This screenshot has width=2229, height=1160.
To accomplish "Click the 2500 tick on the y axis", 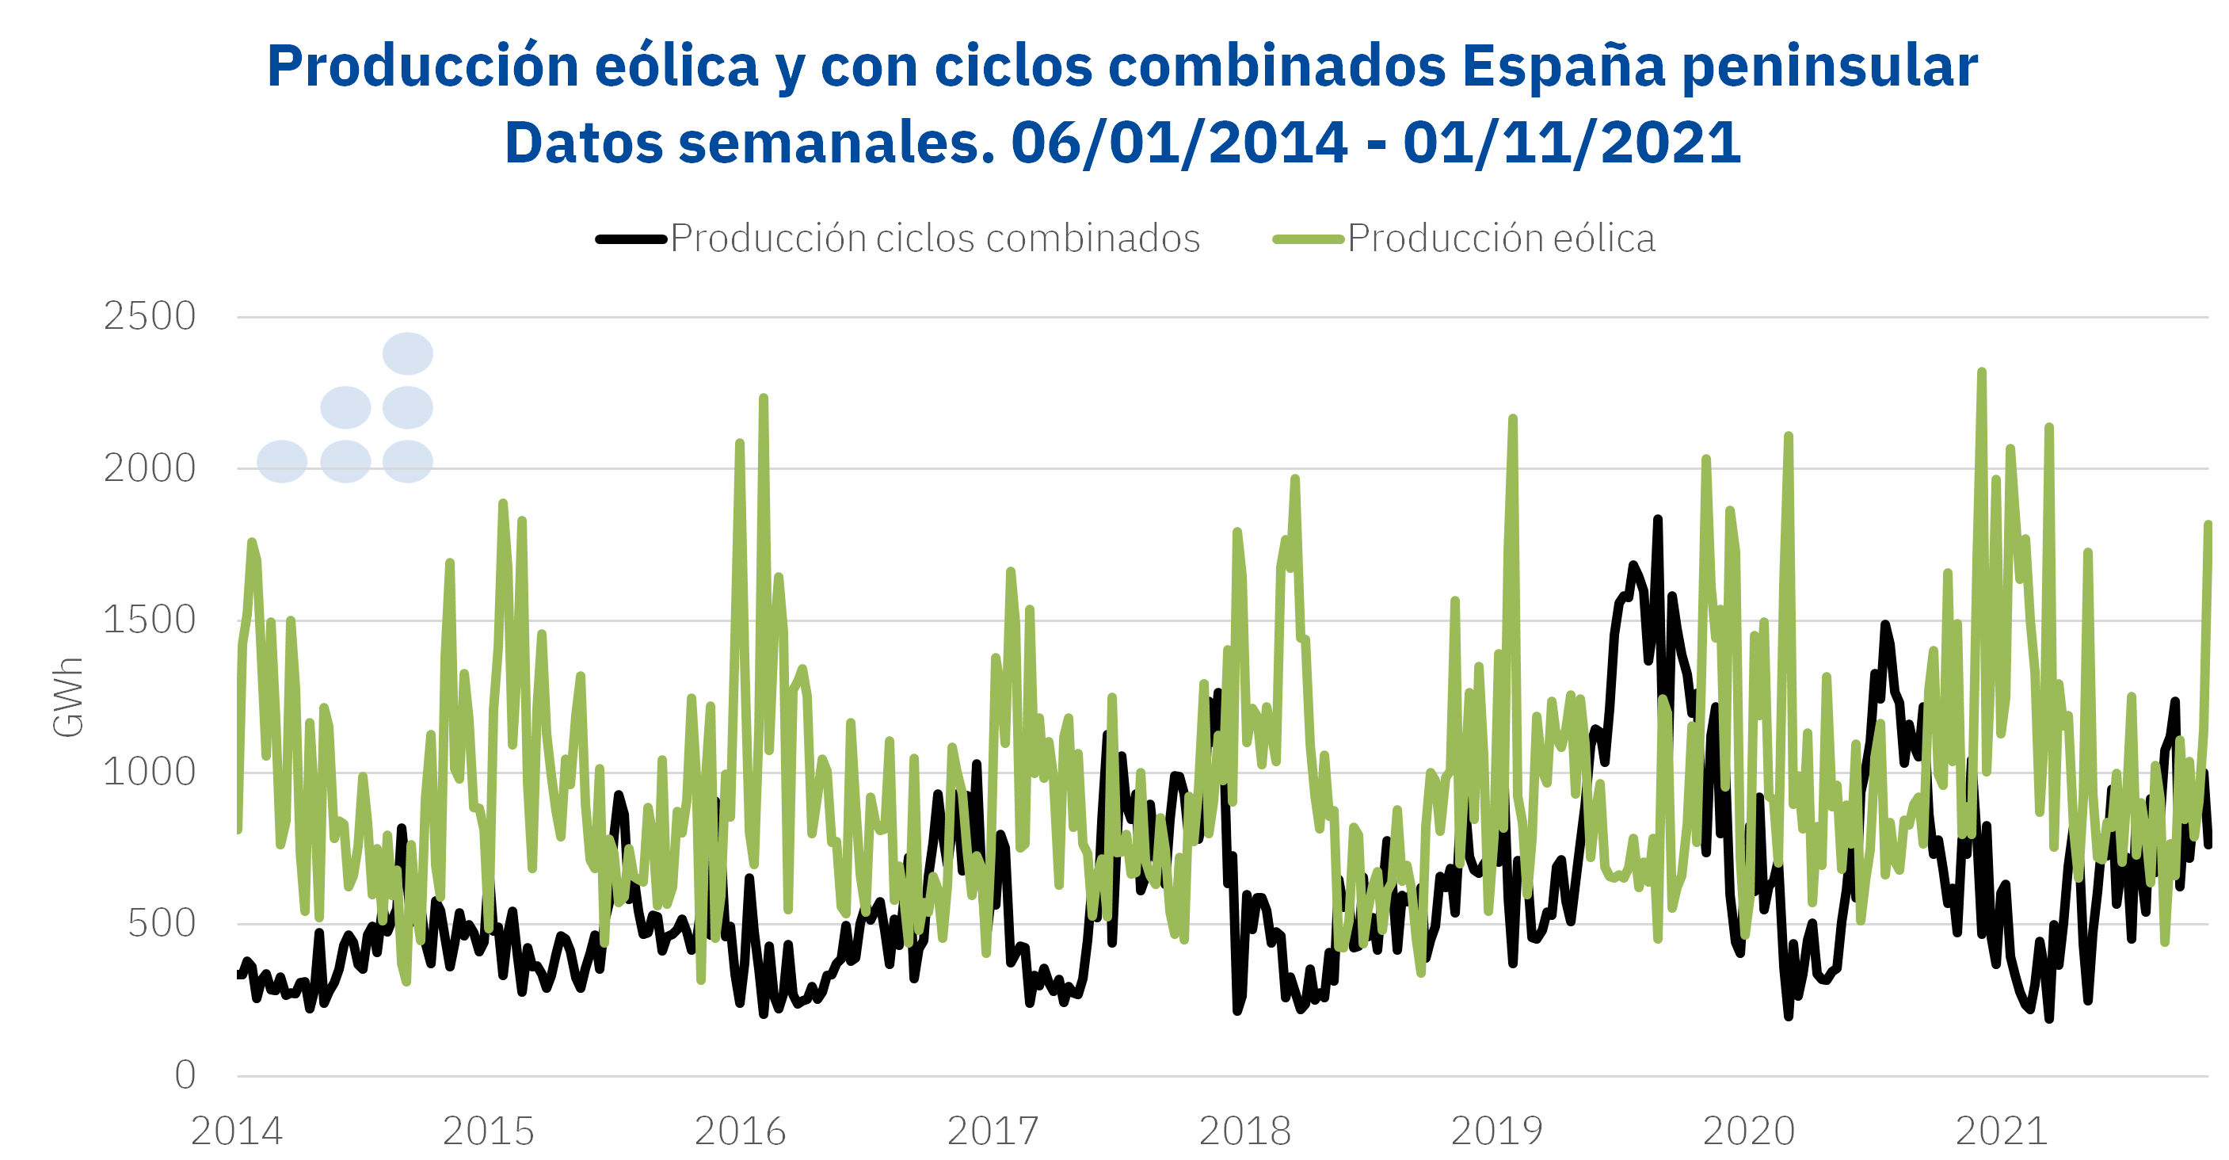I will point(149,317).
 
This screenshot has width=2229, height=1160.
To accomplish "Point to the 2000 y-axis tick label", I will point(149,469).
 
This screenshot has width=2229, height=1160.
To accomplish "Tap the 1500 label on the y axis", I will point(149,620).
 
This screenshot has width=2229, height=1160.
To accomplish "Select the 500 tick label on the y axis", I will point(161,925).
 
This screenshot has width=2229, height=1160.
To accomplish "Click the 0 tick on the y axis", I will point(185,1076).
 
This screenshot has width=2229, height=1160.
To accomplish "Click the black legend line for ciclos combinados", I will point(631,239).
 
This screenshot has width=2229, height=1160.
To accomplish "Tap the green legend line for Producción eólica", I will point(1308,239).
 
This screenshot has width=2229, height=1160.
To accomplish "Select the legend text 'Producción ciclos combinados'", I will point(935,239).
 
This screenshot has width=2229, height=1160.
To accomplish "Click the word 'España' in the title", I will point(1563,66).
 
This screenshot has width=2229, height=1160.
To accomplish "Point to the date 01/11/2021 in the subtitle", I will point(1572,142).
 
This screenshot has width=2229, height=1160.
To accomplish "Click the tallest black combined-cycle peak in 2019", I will point(1657,520).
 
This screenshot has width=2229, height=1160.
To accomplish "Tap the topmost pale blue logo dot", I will point(408,353).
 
